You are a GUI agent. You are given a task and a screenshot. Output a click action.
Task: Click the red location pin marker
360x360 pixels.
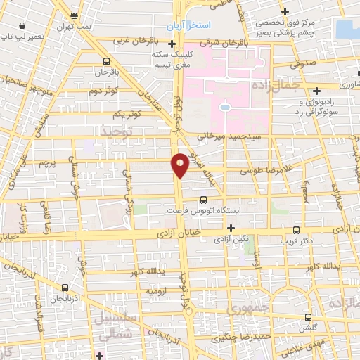[180, 165]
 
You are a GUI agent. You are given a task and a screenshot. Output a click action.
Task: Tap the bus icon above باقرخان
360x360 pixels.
[107, 61]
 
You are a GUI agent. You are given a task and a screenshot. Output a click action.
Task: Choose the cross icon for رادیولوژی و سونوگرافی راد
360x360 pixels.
[317, 91]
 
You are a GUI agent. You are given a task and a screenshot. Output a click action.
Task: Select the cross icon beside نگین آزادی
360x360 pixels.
[231, 228]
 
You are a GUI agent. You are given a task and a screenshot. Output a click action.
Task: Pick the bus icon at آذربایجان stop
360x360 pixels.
[65, 288]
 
